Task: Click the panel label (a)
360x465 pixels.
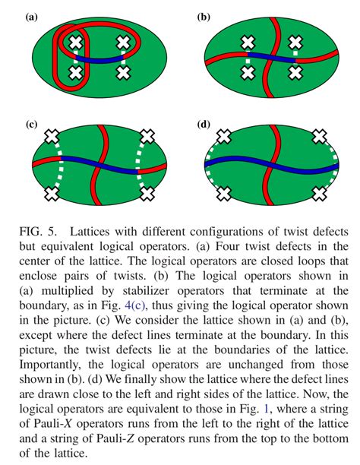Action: coord(31,17)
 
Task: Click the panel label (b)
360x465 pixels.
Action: coord(204,17)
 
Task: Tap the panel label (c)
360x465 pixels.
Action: coord(31,124)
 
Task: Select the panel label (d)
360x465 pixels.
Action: coord(204,124)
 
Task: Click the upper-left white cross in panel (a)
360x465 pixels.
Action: coord(76,43)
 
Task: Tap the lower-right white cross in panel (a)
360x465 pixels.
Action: coord(123,73)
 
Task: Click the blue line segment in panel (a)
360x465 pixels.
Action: coord(99,59)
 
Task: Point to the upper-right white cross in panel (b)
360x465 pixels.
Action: coord(295,43)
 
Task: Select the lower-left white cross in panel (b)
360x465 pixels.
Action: coord(248,73)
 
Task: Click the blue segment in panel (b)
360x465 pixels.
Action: coord(271,58)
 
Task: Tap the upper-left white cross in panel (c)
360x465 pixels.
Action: coord(52,137)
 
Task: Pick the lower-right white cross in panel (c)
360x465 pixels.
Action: coord(147,194)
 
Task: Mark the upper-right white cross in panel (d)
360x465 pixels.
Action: coord(320,137)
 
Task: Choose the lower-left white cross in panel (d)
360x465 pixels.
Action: coord(224,194)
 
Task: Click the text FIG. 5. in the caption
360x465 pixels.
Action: coord(38,231)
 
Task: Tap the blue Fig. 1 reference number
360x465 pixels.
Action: coord(266,409)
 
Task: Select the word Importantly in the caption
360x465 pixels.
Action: coord(50,365)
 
